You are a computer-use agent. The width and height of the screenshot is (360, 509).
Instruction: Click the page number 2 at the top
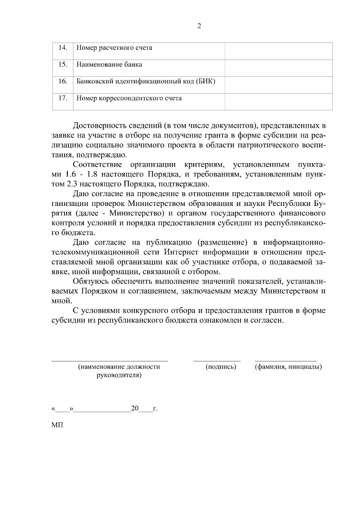point(199,26)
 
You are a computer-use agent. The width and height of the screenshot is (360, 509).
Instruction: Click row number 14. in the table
point(63,48)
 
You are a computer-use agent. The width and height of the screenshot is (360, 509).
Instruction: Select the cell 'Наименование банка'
point(109,64)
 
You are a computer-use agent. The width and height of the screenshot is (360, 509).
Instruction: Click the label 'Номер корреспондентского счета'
point(129,98)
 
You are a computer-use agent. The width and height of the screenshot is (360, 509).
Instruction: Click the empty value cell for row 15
point(278,68)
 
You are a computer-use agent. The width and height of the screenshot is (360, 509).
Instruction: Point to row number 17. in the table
point(63,98)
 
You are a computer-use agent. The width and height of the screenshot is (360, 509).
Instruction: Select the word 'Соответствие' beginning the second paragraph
point(97,165)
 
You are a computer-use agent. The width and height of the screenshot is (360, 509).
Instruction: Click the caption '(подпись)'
point(221,367)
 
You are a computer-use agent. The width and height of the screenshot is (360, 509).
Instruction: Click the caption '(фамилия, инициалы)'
point(288,367)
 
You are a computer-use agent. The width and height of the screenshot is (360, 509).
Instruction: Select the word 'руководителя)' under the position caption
point(119,375)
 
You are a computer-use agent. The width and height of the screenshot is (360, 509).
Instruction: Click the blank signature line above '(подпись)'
point(217,361)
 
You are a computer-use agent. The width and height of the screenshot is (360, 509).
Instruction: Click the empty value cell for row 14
point(278,51)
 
